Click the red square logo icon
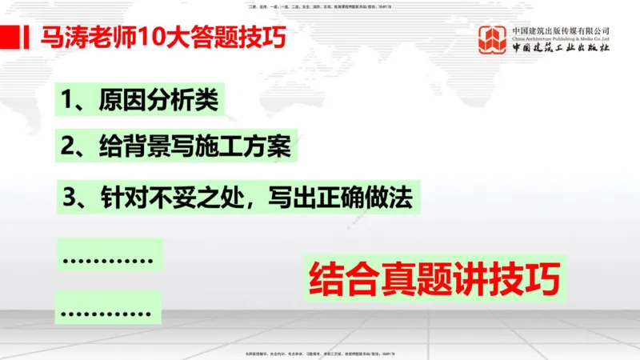pyautogui.click(x=493, y=39)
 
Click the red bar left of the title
pyautogui.click(x=10, y=37)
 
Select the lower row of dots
pyautogui.click(x=107, y=310)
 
